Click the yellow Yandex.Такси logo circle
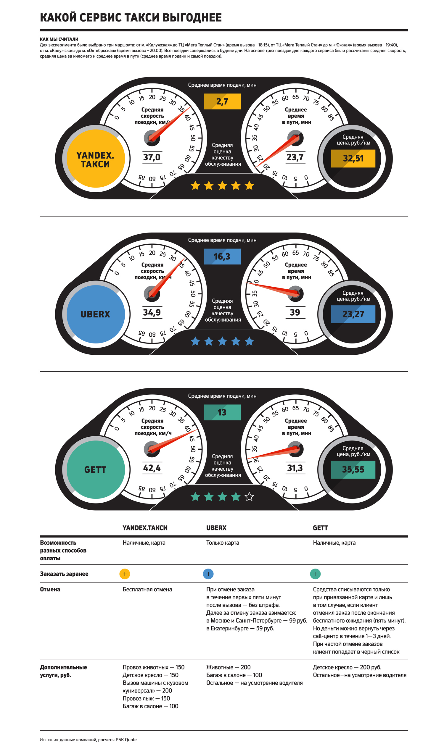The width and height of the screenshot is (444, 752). pos(95,159)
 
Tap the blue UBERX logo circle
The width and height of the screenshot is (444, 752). pos(95,314)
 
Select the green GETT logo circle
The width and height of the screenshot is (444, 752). pos(95,469)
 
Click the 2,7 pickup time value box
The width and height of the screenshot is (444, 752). pos(222,101)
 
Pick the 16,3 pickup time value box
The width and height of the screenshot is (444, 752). pos(222,256)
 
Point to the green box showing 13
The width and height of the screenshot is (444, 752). pos(222,412)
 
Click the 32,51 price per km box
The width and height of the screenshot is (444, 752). pos(353,159)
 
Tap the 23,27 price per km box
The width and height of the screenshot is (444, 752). pos(353,314)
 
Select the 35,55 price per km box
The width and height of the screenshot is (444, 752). pos(353,469)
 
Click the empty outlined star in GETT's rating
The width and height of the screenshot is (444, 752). pos(249,497)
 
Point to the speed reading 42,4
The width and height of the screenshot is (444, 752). pos(152,468)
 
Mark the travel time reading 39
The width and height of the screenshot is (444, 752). pos(295,312)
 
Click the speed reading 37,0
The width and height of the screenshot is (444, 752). pos(152,157)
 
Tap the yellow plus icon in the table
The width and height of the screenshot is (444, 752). pos(125,574)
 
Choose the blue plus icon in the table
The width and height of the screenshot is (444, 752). pos(208,574)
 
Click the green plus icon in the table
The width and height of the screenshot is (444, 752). pos(315,574)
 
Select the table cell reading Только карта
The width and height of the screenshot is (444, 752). pos(223,543)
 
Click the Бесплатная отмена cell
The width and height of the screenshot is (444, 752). pos(147,589)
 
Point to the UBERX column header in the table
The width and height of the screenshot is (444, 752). pos(216,528)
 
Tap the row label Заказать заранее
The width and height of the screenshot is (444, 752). pos(64,574)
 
